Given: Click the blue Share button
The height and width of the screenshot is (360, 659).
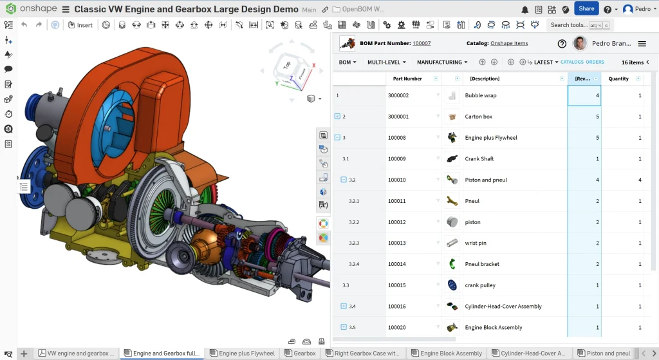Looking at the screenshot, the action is (586, 9).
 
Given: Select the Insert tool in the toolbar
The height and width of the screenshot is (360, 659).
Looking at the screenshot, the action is (80, 25).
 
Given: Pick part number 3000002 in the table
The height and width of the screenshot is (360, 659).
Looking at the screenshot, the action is (398, 95).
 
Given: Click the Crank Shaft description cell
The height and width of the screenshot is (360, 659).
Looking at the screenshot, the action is (479, 159).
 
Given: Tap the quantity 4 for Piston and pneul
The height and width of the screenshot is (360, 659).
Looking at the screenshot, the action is (640, 180).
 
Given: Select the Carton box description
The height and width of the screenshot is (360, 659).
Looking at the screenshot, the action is (478, 117).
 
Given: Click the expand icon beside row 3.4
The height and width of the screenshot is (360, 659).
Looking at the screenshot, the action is (344, 306).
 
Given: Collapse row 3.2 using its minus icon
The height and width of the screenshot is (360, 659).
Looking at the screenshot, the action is (344, 180).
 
